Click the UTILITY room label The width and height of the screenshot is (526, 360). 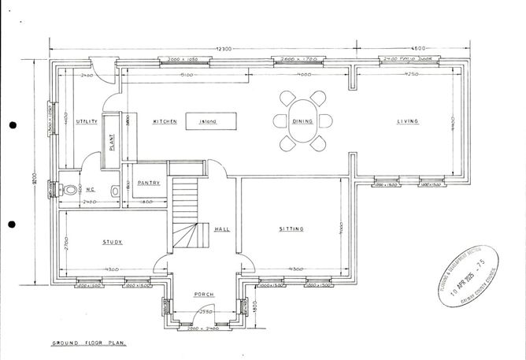click(87, 122)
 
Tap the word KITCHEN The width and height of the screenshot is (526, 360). click(164, 121)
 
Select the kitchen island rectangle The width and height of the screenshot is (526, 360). click(211, 121)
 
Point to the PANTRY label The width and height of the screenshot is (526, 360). click(149, 183)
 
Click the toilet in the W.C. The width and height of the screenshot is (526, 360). click(73, 189)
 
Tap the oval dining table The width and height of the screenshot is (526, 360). click(303, 121)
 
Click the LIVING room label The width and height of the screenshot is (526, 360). click(407, 121)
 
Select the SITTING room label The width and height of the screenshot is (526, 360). click(291, 229)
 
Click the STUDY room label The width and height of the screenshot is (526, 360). click(113, 243)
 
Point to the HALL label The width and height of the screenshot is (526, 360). click(221, 229)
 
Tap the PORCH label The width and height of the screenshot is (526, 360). click(203, 295)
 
